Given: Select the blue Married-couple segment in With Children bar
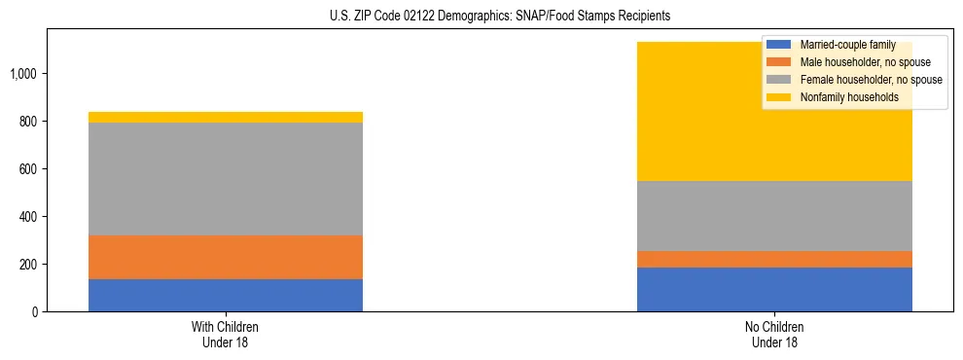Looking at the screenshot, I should (226, 295).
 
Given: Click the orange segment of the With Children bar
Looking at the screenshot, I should (226, 257).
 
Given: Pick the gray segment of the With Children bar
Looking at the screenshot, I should (226, 179).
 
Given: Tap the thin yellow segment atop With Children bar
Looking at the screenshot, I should (226, 117).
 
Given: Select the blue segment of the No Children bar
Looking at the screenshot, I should (774, 289).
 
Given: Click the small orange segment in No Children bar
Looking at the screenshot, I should (774, 259).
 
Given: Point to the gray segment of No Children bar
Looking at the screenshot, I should (774, 216).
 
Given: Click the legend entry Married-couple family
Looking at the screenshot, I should (840, 45).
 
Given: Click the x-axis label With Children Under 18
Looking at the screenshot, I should (226, 334).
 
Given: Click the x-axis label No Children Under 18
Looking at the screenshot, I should (774, 334).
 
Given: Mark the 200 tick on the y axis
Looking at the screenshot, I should (31, 265).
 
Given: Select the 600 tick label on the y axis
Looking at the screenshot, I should (31, 169).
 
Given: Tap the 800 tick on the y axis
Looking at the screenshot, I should (31, 122).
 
